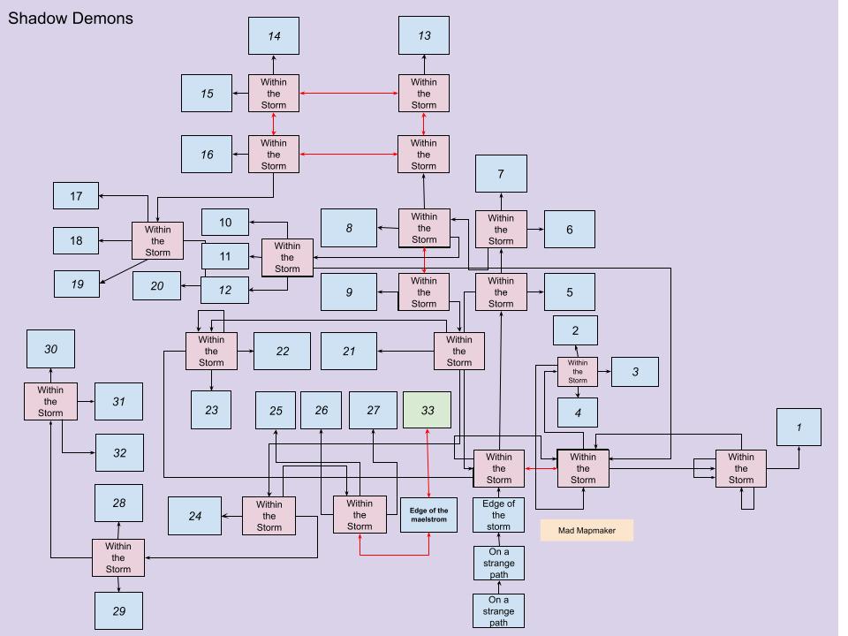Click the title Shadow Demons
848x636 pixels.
71,18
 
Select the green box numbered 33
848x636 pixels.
428,410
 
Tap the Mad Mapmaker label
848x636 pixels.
587,530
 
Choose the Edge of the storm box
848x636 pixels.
499,515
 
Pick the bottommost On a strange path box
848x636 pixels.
499,610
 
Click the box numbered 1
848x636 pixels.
799,428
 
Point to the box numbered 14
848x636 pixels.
274,36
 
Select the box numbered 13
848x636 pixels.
424,35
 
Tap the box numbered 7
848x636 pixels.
501,174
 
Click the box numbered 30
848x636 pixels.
50,349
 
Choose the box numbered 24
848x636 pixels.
195,516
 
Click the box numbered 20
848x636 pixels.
157,285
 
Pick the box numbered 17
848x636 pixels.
76,196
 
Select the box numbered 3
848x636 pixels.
635,372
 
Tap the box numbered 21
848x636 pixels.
349,351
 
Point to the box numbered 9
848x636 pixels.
349,291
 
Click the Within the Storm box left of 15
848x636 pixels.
274,94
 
